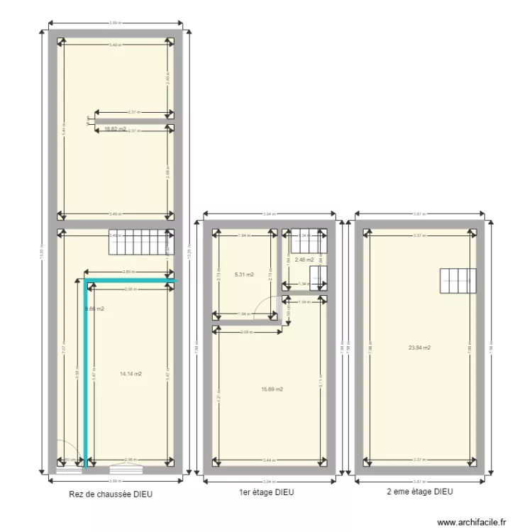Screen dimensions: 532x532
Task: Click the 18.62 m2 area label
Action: point(115,129)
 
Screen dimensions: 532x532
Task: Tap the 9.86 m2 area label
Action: point(95,309)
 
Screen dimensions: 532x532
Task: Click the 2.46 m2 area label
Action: point(305,260)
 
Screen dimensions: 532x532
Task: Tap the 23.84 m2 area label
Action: point(420,348)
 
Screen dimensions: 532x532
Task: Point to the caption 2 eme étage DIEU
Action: point(420,491)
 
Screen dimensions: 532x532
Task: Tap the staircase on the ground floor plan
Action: point(140,242)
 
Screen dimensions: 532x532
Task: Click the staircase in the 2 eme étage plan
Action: point(458,283)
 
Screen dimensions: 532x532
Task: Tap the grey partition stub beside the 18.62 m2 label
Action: point(135,121)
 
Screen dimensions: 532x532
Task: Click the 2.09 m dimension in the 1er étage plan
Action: point(246,332)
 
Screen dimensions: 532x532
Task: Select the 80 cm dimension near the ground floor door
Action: point(70,460)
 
